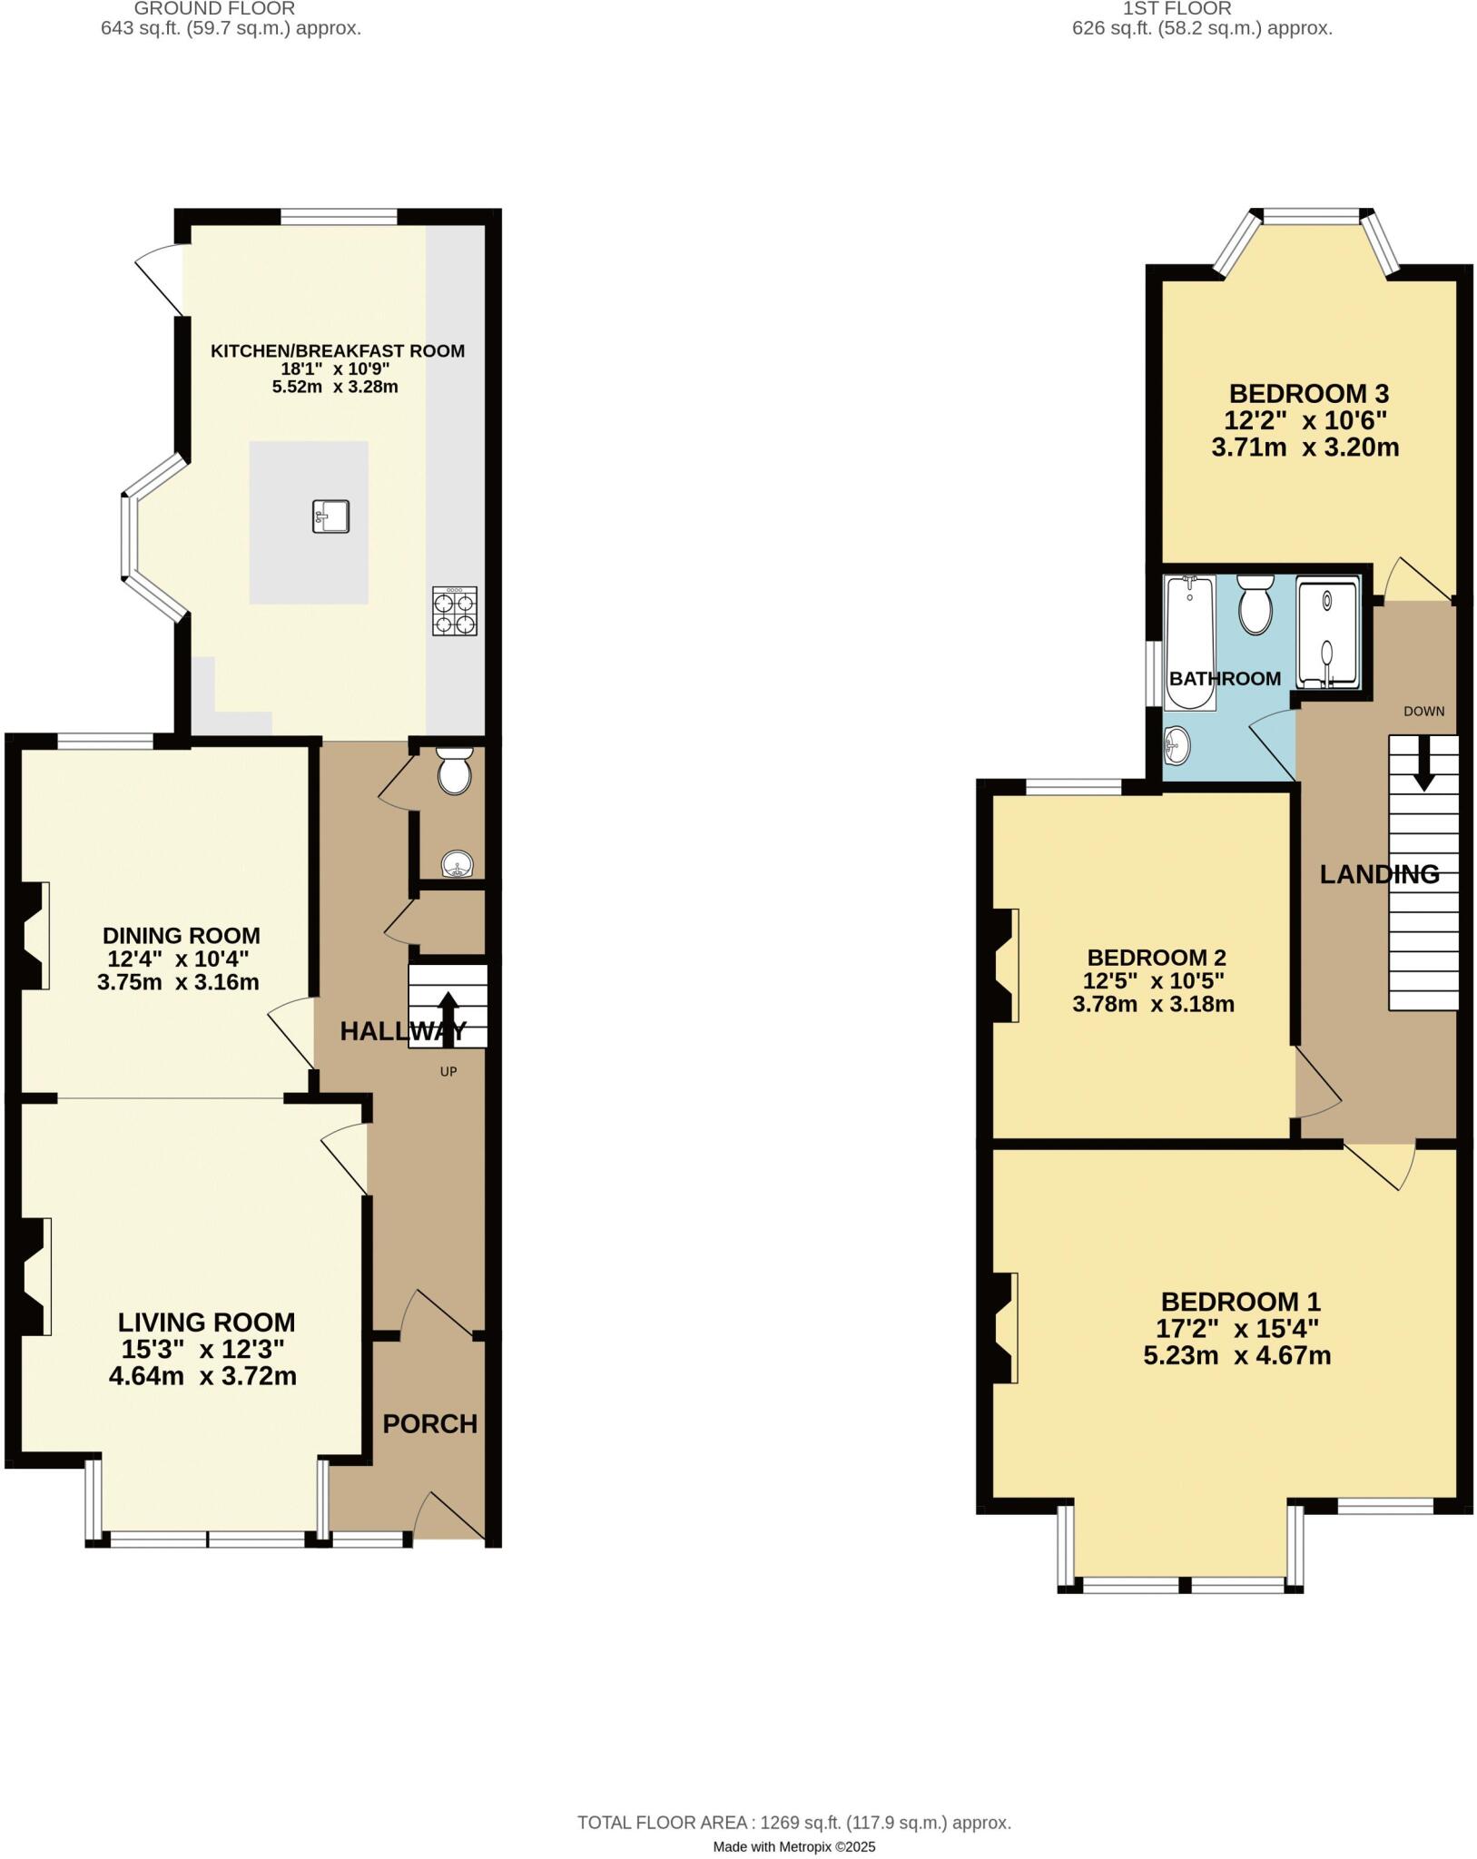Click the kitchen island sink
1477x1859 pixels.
coord(330,516)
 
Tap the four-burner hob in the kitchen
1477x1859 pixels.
coord(454,611)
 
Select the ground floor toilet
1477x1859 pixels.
coord(454,771)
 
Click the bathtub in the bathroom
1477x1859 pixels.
coord(1190,642)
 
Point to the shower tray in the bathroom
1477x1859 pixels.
coord(1328,633)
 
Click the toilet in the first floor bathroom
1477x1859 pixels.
coord(1255,604)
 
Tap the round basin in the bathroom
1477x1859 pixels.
coord(1177,746)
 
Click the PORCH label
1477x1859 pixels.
coord(430,1423)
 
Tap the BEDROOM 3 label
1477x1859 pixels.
coord(1308,394)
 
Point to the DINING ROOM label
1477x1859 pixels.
coord(181,935)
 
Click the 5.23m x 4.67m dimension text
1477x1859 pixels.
coord(1236,1356)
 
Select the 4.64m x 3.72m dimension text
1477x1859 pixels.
coord(202,1376)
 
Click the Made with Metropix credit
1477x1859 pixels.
coord(794,1846)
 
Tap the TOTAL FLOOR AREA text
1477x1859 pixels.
coord(794,1822)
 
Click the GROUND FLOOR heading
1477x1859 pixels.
coord(214,9)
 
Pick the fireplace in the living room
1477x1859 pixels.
coord(34,1275)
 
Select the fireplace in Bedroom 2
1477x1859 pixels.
coord(1005,966)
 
